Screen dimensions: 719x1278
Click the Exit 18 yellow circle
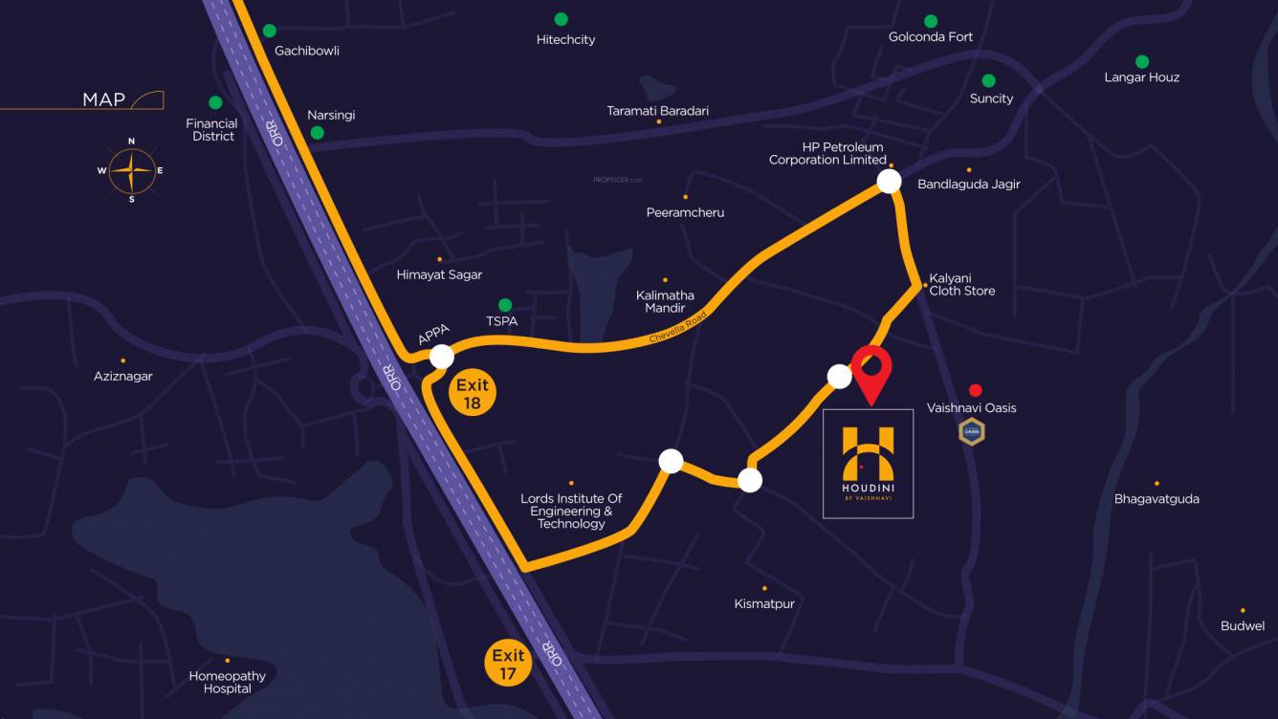pos(472,393)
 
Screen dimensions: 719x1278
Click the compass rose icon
pos(131,171)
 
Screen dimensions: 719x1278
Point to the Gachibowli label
pos(307,51)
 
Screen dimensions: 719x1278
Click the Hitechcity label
pos(565,39)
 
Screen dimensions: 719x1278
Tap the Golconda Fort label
pos(931,37)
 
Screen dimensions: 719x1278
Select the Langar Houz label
pos(1141,77)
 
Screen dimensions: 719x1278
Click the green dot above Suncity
pos(988,81)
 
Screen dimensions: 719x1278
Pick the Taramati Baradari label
pos(658,111)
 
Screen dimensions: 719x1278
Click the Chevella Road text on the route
pos(677,327)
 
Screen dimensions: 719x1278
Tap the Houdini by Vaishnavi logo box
pos(868,464)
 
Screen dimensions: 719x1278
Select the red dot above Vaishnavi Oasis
pos(975,390)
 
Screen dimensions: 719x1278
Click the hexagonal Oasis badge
pos(972,432)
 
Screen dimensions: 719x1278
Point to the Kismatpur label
pos(764,603)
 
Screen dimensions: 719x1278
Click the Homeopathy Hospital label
pos(228,682)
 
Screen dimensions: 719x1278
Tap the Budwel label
pos(1243,625)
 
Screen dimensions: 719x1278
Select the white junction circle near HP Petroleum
pos(890,182)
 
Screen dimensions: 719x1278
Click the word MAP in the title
pos(104,99)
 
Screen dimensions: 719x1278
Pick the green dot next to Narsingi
pos(317,133)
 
